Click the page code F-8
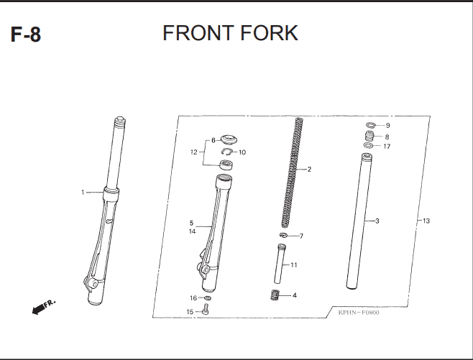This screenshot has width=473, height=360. tap(26, 34)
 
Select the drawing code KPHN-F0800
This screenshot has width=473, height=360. tap(359, 313)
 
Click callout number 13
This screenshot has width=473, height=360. tap(426, 221)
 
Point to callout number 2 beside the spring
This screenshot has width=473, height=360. tap(309, 169)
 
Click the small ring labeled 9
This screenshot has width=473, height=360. tap(371, 124)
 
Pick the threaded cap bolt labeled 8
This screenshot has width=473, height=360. tap(369, 136)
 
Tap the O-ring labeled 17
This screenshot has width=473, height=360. tap(368, 146)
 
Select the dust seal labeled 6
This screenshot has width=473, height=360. tap(229, 139)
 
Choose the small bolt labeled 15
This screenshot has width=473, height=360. tap(206, 310)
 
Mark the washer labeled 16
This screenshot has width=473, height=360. tap(208, 298)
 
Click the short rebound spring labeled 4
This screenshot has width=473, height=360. tap(275, 295)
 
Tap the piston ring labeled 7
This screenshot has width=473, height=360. tap(283, 235)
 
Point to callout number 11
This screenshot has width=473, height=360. tap(294, 264)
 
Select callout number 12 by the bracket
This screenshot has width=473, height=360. tap(193, 152)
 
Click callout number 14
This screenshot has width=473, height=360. tap(192, 231)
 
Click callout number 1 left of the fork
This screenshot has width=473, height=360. tap(83, 192)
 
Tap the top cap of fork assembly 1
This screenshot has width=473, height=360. tap(120, 121)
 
